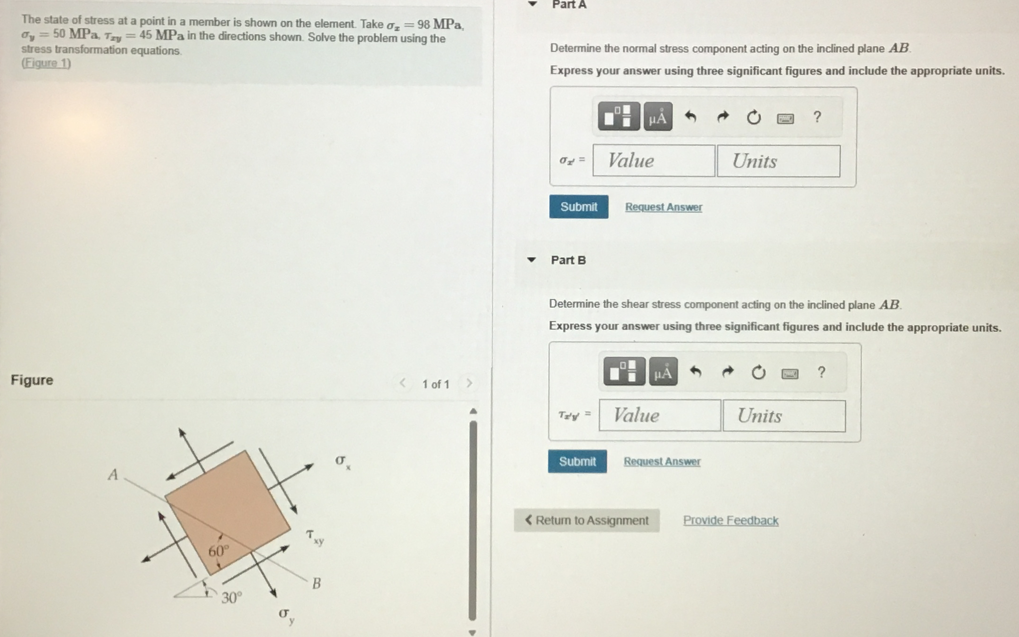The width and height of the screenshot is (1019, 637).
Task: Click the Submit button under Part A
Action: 578,207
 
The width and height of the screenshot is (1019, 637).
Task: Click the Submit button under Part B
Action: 577,461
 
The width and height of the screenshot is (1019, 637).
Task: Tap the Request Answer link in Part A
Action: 663,207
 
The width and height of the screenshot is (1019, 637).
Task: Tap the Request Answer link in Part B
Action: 662,461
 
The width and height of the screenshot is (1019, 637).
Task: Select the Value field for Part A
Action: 653,161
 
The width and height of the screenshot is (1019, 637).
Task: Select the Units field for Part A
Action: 778,161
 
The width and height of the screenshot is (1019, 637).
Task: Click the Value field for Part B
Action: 660,415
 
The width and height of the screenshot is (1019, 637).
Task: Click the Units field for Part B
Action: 784,416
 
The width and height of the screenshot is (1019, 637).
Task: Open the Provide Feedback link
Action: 731,520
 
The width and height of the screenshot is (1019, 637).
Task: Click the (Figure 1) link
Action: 46,63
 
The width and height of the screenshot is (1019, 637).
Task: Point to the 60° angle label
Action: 218,550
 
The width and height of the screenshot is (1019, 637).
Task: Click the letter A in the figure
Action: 113,474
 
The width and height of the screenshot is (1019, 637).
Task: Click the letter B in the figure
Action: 317,583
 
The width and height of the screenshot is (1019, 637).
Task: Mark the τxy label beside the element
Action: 314,537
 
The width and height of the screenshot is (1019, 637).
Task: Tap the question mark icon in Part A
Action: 817,117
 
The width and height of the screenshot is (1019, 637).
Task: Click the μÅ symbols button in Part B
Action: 663,372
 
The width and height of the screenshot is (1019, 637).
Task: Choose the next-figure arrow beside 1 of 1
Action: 469,383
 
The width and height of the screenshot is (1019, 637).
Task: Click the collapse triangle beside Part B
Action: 532,260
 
